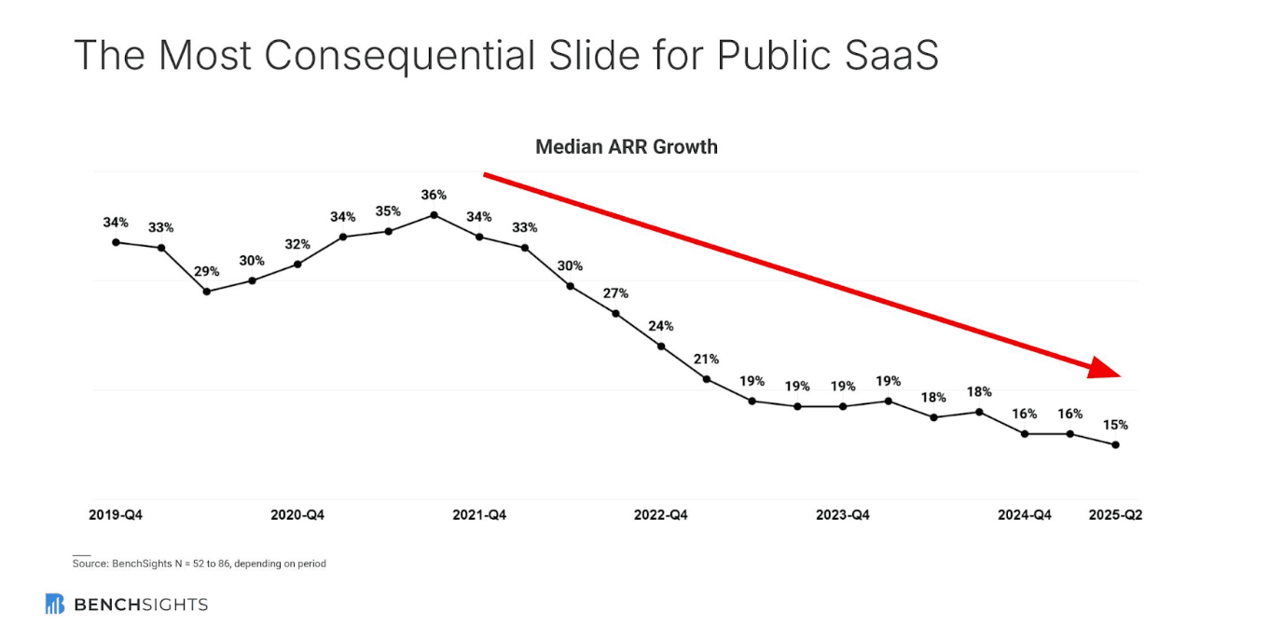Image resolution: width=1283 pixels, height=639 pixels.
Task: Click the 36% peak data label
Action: [x=434, y=195]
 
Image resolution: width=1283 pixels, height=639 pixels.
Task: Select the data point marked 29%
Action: [x=207, y=292]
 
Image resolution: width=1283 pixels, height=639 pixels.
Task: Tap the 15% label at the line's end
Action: [x=1115, y=425]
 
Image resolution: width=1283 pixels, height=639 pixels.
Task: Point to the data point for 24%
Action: [x=661, y=347]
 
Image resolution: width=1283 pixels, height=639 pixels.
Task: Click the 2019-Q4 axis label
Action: [x=116, y=515]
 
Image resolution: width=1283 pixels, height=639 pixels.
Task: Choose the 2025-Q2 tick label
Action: [x=1115, y=515]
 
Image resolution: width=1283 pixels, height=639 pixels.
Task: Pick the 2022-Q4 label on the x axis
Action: [x=661, y=515]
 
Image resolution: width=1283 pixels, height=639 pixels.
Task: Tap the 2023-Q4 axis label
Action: [x=843, y=515]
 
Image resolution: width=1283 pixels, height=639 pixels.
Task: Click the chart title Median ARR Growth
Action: [x=627, y=147]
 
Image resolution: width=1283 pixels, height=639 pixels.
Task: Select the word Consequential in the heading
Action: [x=399, y=56]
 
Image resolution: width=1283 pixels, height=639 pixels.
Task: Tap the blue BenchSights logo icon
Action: [x=55, y=605]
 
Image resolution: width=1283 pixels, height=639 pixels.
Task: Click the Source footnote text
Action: [x=200, y=564]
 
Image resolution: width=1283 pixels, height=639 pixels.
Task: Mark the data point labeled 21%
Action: [x=707, y=379]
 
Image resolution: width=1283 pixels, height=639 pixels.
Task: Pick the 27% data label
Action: [x=615, y=293]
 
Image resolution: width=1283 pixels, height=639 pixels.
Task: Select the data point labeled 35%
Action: [x=389, y=231]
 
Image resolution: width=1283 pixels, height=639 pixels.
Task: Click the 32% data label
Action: [x=297, y=244]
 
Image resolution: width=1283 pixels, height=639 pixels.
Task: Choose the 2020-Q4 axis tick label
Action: [x=297, y=515]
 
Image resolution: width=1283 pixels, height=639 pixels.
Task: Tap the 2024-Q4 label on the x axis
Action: [x=1025, y=515]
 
